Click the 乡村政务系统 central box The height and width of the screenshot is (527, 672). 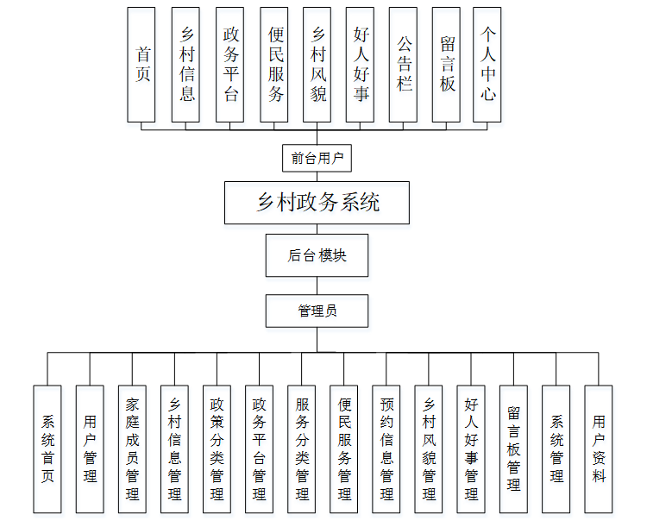pyautogui.click(x=317, y=203)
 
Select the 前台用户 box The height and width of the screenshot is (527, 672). pyautogui.click(x=317, y=159)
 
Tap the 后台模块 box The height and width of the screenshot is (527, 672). pyautogui.click(x=317, y=255)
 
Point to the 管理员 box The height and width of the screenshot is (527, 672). pyautogui.click(x=317, y=311)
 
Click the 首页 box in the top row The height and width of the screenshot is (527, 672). pyautogui.click(x=142, y=65)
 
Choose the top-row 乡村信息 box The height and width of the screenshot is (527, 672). pyautogui.click(x=186, y=65)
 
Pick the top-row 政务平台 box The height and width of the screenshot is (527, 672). pyautogui.click(x=230, y=65)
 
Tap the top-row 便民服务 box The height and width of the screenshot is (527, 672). pyautogui.click(x=274, y=65)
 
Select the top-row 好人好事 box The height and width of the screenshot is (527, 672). pyautogui.click(x=361, y=65)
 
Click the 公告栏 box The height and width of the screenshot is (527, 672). pyautogui.click(x=404, y=65)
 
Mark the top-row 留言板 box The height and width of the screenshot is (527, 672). pyautogui.click(x=447, y=65)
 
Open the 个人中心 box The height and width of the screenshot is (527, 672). pyautogui.click(x=489, y=65)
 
